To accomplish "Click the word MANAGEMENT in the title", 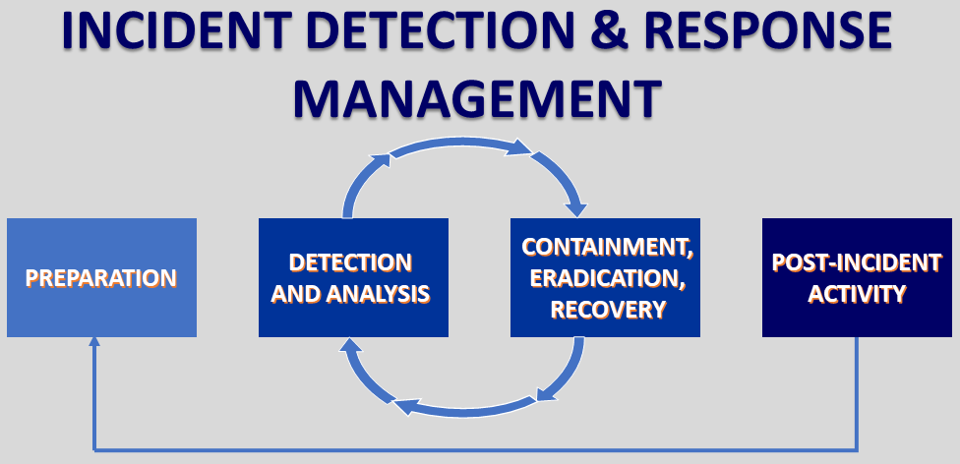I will (478, 99).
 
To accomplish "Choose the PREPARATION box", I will (101, 278).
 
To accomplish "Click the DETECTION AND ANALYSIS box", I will (353, 278).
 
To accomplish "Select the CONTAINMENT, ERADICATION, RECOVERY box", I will (605, 278).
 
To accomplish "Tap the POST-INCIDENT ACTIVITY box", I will (857, 278).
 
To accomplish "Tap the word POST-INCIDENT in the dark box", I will (857, 262).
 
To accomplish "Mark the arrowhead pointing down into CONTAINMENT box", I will (577, 208).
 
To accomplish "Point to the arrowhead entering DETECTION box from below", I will (347, 343).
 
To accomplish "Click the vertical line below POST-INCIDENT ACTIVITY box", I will (857, 393).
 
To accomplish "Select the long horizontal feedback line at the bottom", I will (472, 448).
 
